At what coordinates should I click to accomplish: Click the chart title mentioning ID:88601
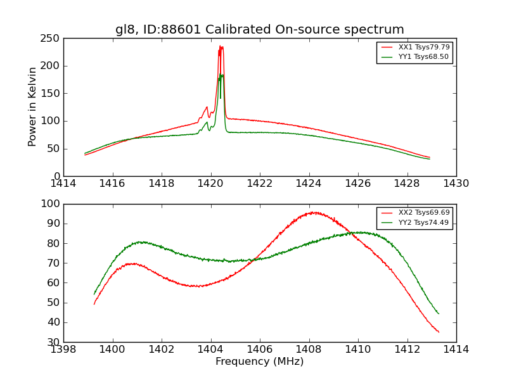(x=260, y=30)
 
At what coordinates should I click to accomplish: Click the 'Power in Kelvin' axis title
(x=33, y=107)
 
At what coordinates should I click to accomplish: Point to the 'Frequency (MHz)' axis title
(x=260, y=362)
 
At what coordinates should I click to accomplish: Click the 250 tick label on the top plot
(x=52, y=39)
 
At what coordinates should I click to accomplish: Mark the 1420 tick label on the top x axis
(x=210, y=183)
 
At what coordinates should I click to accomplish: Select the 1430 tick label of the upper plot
(x=456, y=183)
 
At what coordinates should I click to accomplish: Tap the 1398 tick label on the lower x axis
(x=63, y=349)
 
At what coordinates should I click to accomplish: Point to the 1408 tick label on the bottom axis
(x=309, y=349)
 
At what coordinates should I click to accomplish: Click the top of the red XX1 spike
(x=221, y=46)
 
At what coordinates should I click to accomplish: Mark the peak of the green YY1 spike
(x=221, y=75)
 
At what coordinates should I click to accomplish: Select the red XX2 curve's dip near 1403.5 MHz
(x=199, y=286)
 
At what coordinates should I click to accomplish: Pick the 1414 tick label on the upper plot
(x=63, y=183)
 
